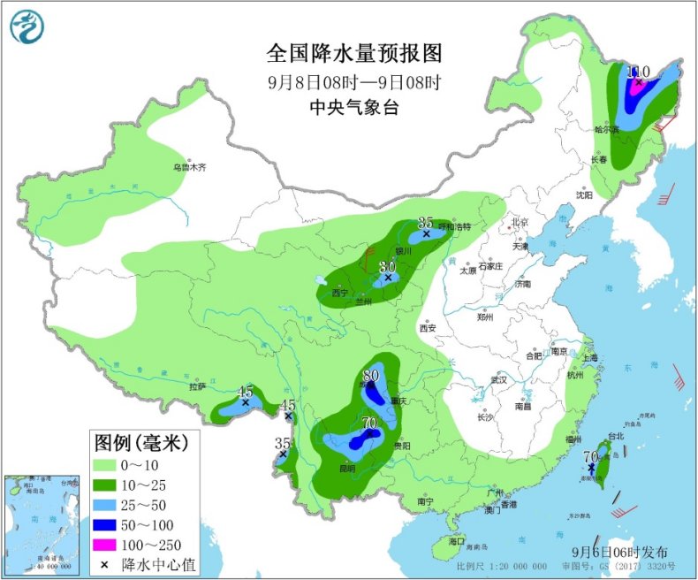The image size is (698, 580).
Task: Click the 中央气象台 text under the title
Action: tap(353, 108)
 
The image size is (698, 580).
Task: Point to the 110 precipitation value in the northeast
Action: tap(638, 72)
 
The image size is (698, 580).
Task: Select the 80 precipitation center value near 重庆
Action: tap(371, 375)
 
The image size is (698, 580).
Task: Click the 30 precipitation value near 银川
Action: tap(386, 266)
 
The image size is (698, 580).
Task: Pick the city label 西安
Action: tap(428, 328)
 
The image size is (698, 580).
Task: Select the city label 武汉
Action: tap(499, 380)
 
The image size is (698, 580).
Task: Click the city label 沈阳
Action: tap(583, 195)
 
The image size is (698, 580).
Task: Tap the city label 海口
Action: tap(456, 540)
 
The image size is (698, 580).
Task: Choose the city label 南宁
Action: tap(426, 501)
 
